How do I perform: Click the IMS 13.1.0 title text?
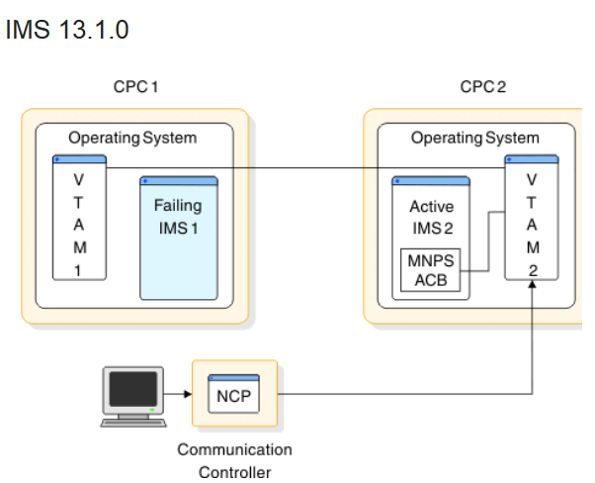click(67, 31)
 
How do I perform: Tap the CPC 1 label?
click(135, 87)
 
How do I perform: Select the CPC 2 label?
click(482, 87)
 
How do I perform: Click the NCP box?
click(235, 396)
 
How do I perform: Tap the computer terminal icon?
click(131, 396)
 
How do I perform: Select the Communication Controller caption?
click(234, 460)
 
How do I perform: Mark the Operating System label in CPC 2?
click(475, 138)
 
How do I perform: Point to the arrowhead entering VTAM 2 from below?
click(533, 287)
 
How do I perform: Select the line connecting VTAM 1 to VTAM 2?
click(306, 169)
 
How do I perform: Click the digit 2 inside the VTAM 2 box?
click(532, 268)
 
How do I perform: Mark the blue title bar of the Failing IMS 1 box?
click(178, 181)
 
